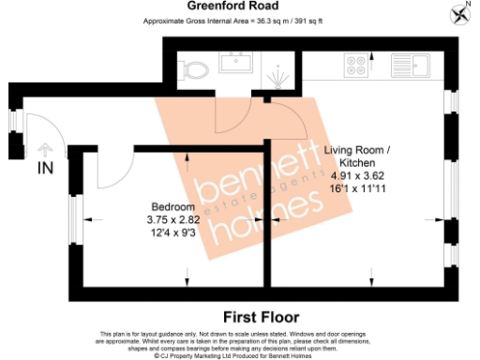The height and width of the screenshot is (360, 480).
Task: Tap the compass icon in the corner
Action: click(459, 12)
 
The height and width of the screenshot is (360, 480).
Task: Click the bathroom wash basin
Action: click(233, 64)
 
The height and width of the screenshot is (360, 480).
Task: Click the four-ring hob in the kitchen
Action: click(356, 66)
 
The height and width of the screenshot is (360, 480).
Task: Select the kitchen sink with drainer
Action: click(410, 67)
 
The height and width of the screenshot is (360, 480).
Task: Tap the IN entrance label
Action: click(45, 169)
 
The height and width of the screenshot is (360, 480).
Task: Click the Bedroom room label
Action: click(173, 206)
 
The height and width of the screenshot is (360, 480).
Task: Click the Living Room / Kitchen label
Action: click(358, 157)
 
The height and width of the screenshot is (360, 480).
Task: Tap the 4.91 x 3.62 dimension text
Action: click(358, 175)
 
